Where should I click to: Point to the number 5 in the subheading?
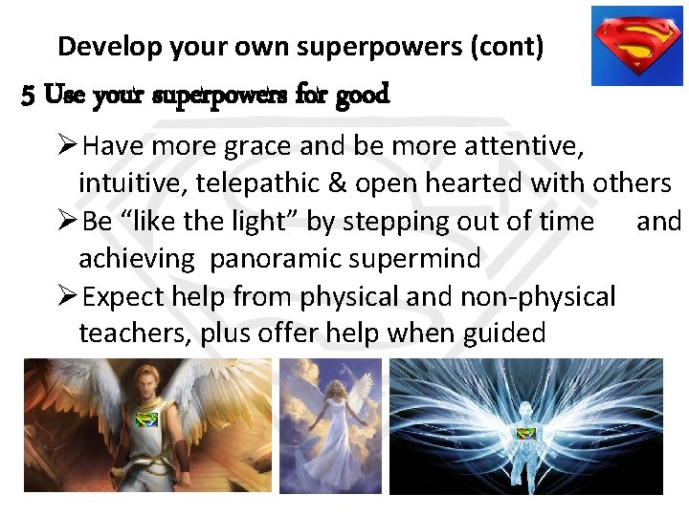click(x=28, y=96)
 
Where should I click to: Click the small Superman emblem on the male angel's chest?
click(x=146, y=420)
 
